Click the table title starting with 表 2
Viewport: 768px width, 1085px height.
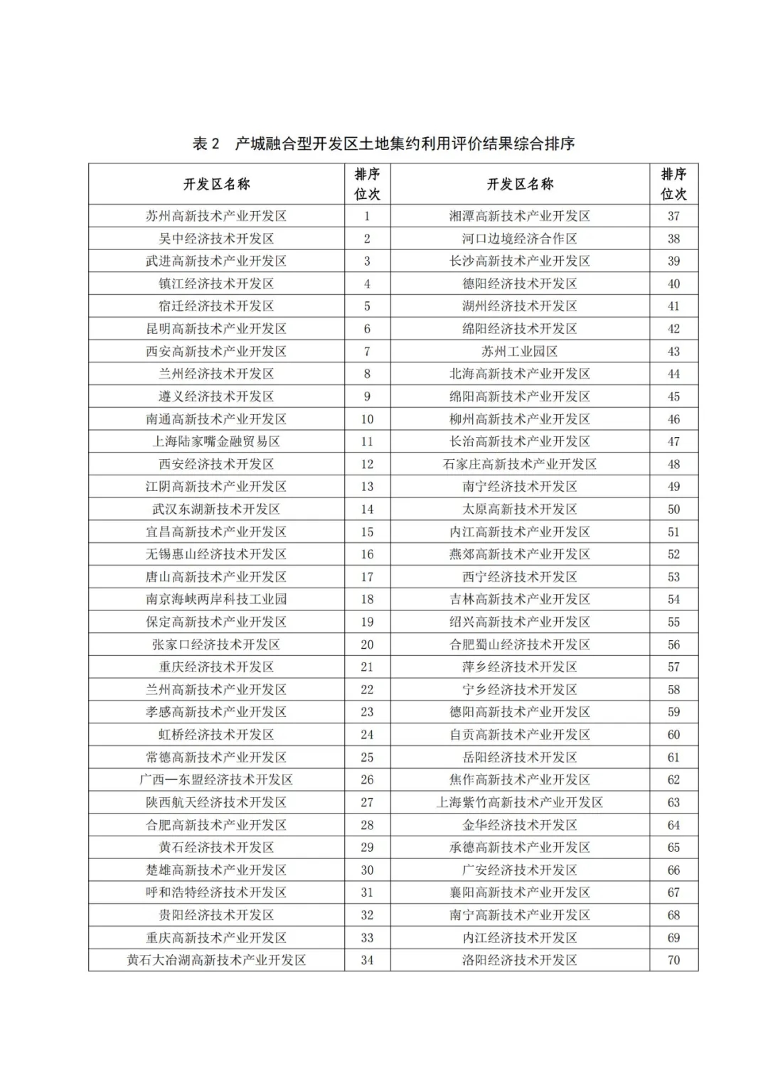coord(383,144)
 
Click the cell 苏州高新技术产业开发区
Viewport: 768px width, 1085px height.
coord(216,216)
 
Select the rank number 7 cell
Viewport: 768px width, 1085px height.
coord(367,351)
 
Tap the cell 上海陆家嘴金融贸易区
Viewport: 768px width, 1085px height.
coord(216,441)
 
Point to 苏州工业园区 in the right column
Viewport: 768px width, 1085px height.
coord(519,351)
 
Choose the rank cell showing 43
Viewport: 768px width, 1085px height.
coord(673,351)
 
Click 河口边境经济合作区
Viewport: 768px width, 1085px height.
coord(519,239)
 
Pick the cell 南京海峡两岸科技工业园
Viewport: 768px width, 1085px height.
coord(216,599)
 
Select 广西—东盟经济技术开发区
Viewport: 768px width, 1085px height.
coord(216,779)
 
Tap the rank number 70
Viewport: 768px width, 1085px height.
coord(673,960)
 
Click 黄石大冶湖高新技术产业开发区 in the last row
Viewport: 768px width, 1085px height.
coord(216,960)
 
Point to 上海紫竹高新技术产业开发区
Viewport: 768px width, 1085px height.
coord(519,802)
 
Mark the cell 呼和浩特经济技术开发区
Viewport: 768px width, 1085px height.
coord(216,892)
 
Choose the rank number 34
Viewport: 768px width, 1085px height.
coord(367,960)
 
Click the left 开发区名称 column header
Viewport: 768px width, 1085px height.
coord(216,184)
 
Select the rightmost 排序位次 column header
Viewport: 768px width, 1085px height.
coord(673,184)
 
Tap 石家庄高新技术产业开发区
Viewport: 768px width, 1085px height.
coord(519,464)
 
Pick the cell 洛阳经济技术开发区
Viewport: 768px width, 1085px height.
coord(519,960)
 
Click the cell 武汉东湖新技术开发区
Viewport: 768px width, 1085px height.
coord(216,509)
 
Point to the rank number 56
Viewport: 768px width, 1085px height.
coord(673,644)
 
